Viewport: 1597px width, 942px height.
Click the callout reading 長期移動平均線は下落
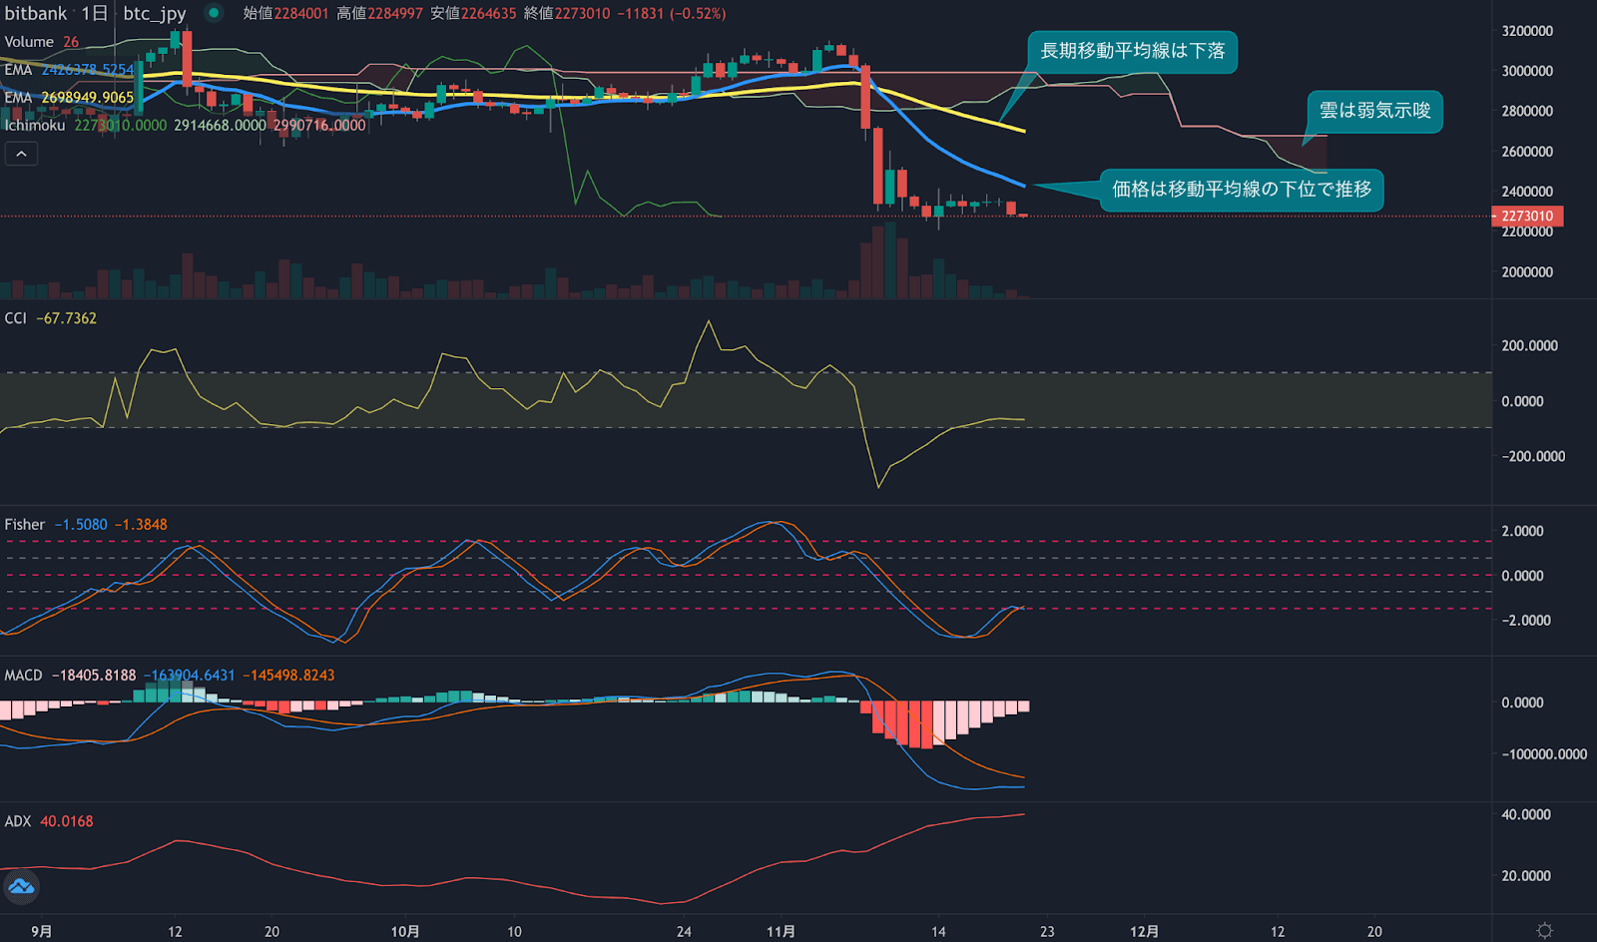[x=1132, y=52]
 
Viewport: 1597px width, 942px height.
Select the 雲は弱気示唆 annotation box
[x=1374, y=111]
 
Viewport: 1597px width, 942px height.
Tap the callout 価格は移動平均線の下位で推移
[x=1242, y=190]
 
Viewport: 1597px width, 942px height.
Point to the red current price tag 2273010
[x=1527, y=217]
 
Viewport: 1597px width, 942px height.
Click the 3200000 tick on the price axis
[x=1527, y=31]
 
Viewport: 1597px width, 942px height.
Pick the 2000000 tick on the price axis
[x=1527, y=272]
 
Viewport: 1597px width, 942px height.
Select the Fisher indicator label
[x=25, y=525]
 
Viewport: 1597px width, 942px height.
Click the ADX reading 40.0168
[x=67, y=821]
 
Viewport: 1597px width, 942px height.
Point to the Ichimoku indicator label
[x=35, y=126]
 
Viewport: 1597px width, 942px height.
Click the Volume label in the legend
[x=29, y=42]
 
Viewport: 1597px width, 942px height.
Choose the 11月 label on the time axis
[x=781, y=932]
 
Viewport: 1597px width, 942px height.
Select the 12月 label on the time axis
[x=1144, y=932]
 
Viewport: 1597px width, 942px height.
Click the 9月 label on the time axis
[x=41, y=932]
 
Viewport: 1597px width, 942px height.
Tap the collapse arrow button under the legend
[x=21, y=154]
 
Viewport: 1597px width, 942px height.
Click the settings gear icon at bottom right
[x=1544, y=931]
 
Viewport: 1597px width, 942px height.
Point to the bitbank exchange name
[x=36, y=14]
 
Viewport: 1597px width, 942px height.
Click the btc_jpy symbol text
[x=155, y=14]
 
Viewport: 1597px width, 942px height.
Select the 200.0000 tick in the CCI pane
[x=1529, y=346]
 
